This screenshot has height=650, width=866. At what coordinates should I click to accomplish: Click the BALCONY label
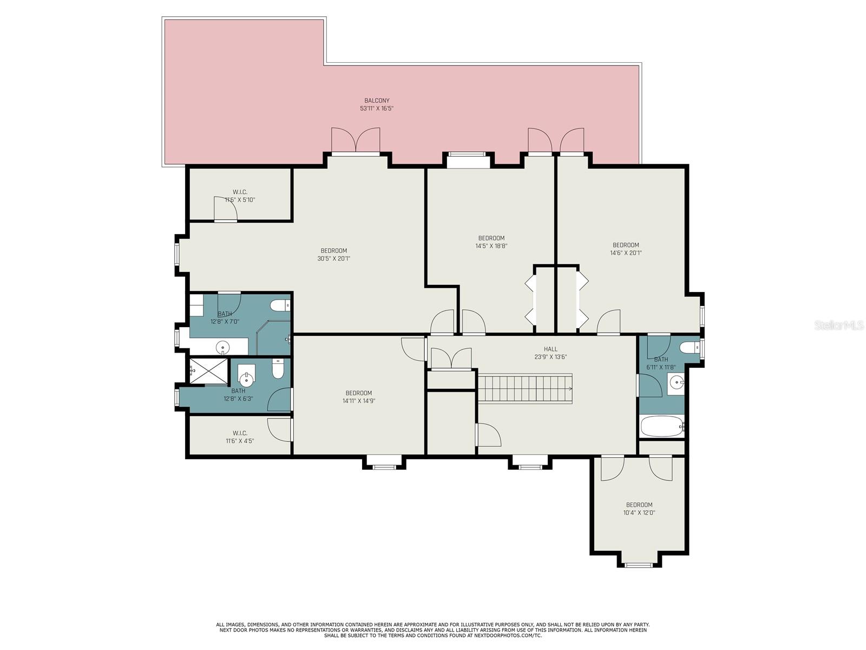click(376, 101)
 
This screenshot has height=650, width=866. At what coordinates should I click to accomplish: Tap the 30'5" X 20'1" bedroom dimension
click(334, 258)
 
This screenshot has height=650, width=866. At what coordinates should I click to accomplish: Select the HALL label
click(550, 349)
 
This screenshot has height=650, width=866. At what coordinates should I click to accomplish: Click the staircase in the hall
click(525, 388)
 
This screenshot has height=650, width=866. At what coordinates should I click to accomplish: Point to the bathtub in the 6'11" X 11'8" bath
click(661, 426)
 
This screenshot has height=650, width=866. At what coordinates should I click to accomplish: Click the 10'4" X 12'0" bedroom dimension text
click(639, 512)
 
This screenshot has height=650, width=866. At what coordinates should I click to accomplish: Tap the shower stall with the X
click(209, 371)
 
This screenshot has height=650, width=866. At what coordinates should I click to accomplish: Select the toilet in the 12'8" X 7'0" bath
click(280, 305)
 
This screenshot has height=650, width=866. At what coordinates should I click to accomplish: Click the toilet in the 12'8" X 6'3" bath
click(278, 369)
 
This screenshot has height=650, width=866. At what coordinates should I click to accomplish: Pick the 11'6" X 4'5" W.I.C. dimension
click(239, 441)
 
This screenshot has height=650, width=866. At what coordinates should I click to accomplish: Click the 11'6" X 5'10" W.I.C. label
click(240, 192)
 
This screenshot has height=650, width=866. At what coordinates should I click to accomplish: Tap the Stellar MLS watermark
click(839, 325)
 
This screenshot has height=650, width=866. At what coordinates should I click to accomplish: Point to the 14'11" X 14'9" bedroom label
click(359, 393)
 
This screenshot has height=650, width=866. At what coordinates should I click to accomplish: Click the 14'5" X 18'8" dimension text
click(491, 246)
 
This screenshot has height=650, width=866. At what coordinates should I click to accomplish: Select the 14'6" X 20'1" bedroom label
click(626, 245)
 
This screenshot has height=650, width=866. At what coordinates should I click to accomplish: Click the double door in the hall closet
click(451, 359)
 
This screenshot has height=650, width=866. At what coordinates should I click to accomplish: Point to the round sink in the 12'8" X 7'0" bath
click(222, 347)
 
